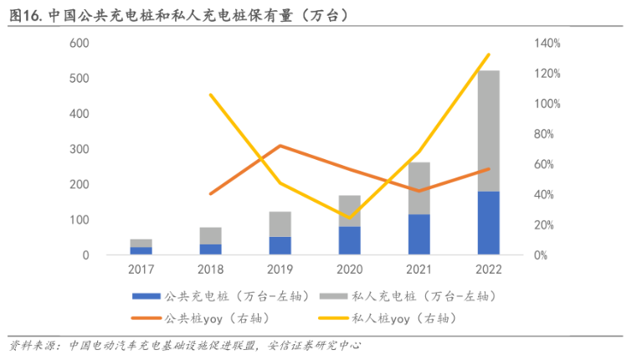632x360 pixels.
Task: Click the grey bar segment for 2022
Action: [x=489, y=131]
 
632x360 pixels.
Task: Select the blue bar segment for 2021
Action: [x=419, y=234]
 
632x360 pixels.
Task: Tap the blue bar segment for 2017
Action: [x=141, y=250]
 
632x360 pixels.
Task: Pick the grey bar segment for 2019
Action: [x=280, y=224]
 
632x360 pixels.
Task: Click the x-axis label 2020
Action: [x=350, y=270]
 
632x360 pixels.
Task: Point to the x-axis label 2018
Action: [x=210, y=270]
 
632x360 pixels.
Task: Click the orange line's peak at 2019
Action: [x=280, y=146]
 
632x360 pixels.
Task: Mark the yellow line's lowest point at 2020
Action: [x=350, y=218]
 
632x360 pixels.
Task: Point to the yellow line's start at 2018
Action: [x=211, y=95]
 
